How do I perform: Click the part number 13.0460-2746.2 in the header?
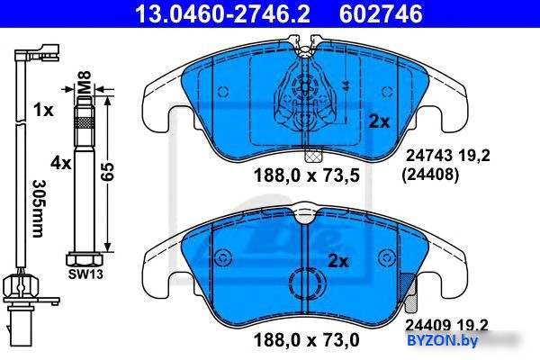222,13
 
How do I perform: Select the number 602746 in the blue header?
381,13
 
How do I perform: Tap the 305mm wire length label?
38,209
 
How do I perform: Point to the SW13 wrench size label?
85,274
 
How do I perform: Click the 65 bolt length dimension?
107,172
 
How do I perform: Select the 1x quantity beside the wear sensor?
43,111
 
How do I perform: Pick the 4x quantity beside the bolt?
61,163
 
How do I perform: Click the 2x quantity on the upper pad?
379,121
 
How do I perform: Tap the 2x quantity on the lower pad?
338,262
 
